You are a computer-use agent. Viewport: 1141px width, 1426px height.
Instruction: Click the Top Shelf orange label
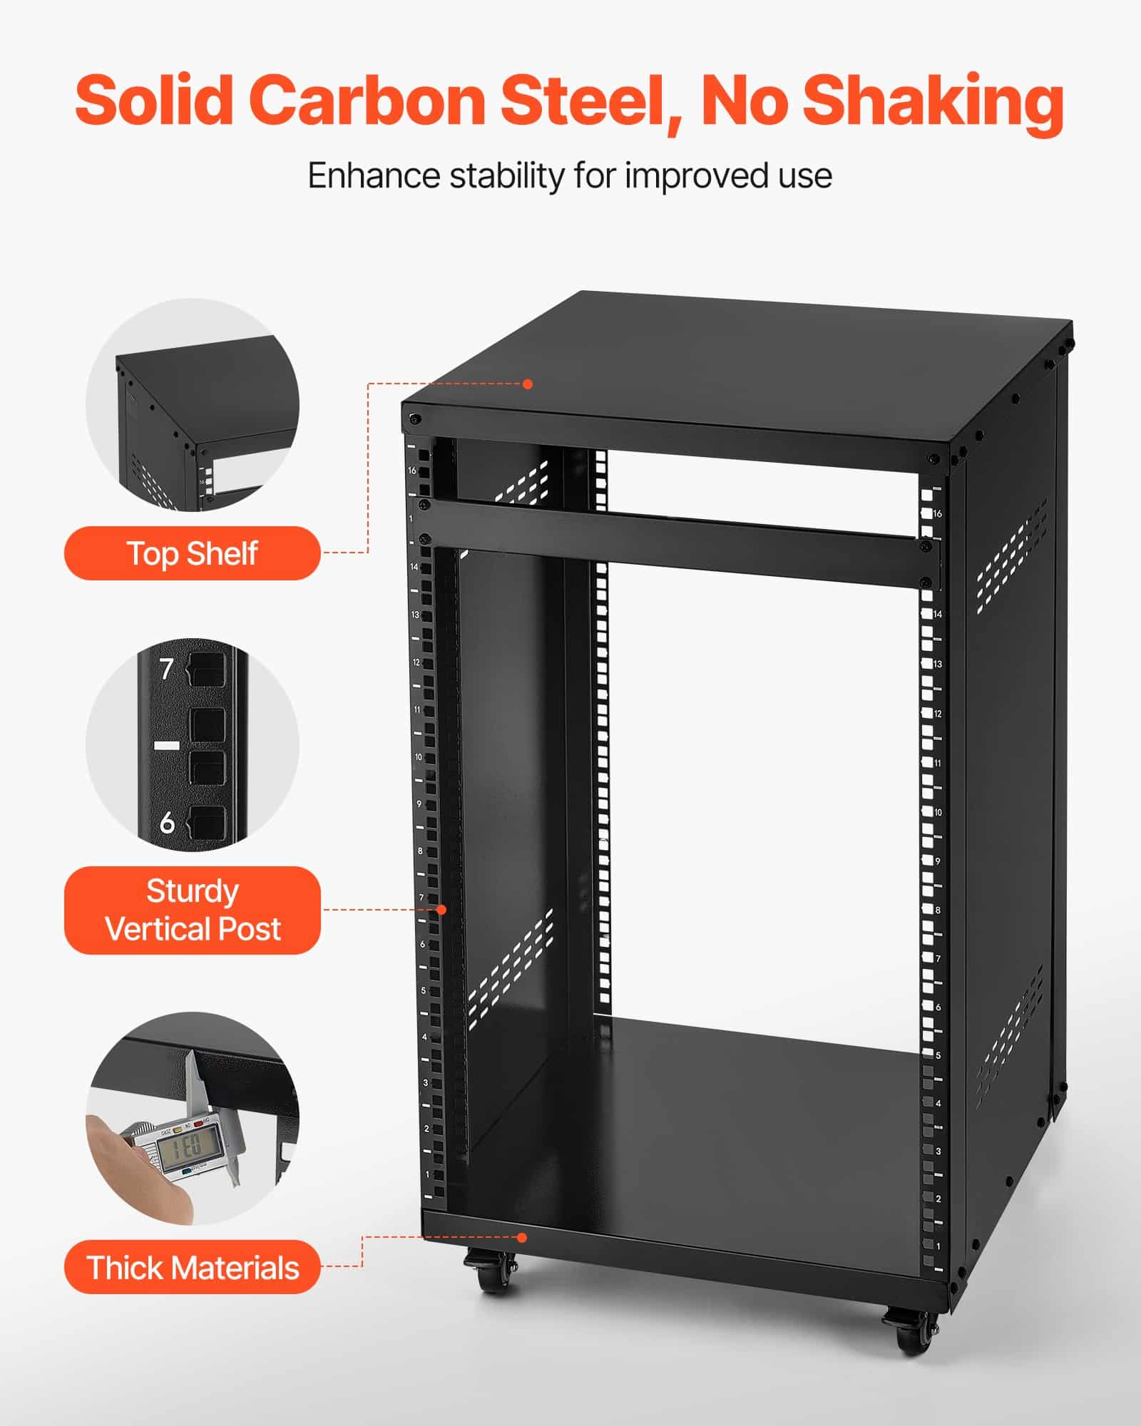click(x=192, y=553)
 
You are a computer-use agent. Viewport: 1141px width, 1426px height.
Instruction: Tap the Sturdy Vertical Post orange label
click(x=192, y=911)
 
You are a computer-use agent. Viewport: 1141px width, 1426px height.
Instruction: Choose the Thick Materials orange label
click(x=192, y=1268)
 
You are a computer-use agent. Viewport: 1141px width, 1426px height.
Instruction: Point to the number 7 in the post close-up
click(x=166, y=669)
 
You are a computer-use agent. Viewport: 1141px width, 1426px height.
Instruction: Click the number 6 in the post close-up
click(x=167, y=823)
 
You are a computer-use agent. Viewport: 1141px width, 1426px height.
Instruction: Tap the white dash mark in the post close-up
click(x=166, y=745)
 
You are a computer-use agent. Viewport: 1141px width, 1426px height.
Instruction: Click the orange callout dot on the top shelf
click(x=528, y=384)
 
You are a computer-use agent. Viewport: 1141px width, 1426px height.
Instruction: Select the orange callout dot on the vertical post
click(x=441, y=910)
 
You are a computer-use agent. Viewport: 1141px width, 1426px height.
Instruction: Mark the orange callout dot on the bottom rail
click(x=522, y=1238)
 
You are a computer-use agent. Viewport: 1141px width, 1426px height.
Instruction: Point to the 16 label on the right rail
click(x=937, y=513)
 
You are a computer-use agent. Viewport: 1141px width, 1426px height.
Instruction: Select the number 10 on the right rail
click(x=938, y=812)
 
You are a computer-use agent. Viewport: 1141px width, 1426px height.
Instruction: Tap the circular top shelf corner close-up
click(x=193, y=404)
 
